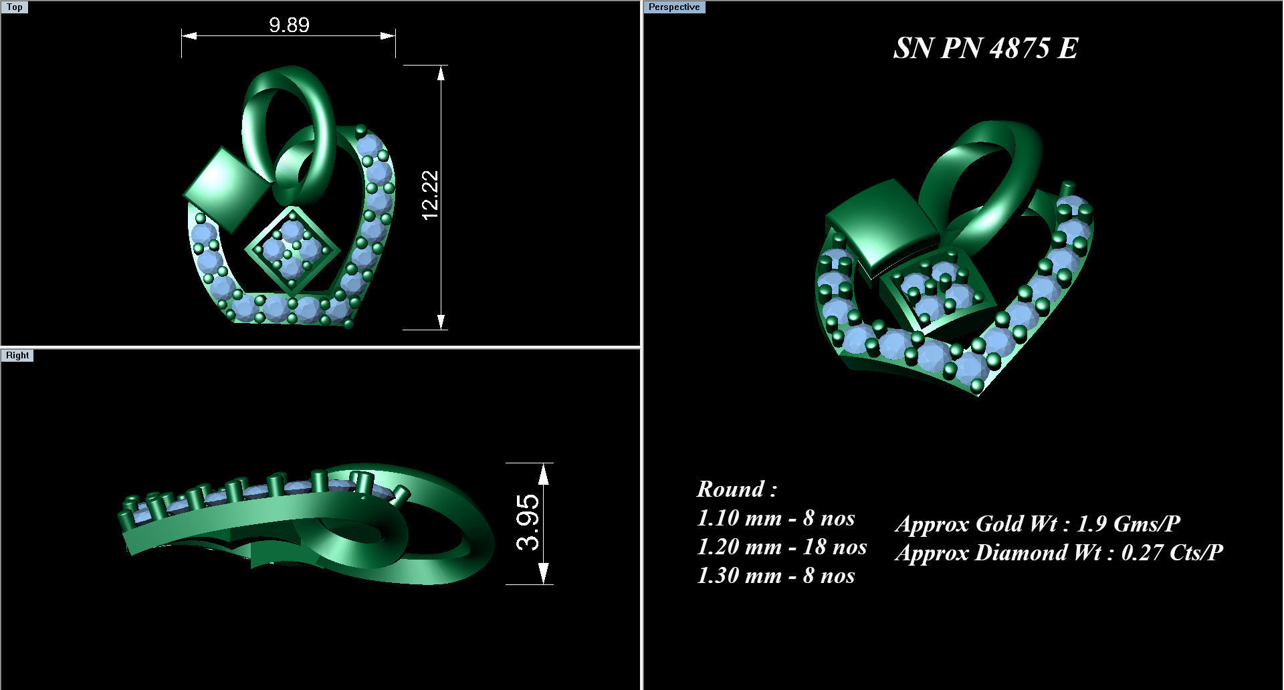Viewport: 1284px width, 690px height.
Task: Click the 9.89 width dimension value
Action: click(289, 25)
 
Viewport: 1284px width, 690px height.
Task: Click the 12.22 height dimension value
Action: click(430, 195)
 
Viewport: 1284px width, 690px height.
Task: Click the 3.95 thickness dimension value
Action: click(528, 522)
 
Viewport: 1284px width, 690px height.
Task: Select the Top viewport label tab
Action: click(14, 7)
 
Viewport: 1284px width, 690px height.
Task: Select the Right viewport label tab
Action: click(17, 355)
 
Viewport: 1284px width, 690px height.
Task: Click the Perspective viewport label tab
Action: click(673, 7)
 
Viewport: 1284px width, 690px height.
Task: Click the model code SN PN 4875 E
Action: click(986, 48)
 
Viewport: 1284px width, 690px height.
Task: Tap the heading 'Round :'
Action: click(736, 489)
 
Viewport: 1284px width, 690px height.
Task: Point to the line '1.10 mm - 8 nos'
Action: click(775, 517)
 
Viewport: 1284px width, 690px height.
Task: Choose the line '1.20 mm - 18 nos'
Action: click(781, 546)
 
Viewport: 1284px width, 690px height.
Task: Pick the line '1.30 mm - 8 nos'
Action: click(775, 575)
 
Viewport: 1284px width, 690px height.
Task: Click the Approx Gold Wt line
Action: click(1037, 523)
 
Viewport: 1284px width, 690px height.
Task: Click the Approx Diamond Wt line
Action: click(1059, 552)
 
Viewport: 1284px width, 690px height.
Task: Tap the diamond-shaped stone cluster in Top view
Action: click(292, 249)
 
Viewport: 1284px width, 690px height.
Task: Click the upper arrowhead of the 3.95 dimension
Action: click(543, 473)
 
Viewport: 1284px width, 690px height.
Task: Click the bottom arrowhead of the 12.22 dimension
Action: click(441, 321)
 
